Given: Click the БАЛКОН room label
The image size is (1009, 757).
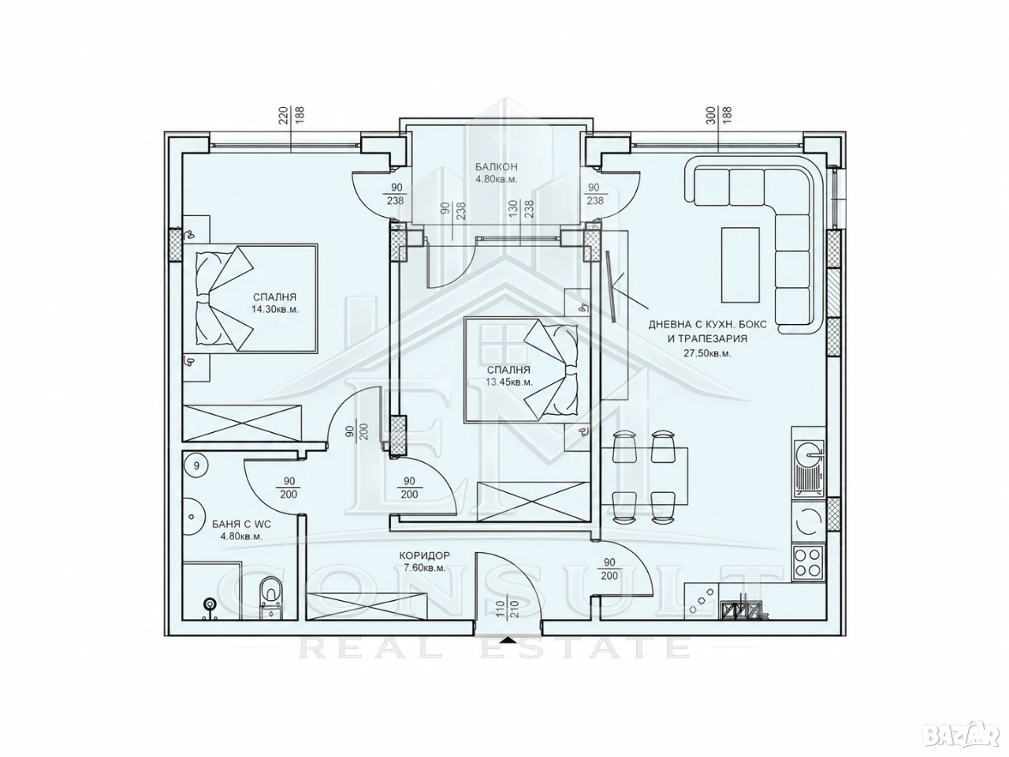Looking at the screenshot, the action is coord(496,167).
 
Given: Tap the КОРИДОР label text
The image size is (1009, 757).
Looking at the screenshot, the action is coord(424,556).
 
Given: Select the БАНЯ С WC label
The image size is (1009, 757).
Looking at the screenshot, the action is coord(241,524).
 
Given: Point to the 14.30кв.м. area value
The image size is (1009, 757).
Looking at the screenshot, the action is coord(275,309).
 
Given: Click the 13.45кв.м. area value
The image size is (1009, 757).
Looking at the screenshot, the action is coord(509,382).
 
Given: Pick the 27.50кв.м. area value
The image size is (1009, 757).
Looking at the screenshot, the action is coord(707,353).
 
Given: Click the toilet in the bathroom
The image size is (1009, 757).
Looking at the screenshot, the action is coord(270,597).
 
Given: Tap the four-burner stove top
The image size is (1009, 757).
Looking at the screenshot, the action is coord(809,563).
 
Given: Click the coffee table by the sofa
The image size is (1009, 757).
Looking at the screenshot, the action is coord(740,265).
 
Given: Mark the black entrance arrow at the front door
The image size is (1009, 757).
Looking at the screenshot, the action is coord(507,640).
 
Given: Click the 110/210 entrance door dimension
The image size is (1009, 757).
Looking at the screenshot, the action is coord(507,610).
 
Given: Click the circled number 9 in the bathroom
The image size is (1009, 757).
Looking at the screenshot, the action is coord(196,466).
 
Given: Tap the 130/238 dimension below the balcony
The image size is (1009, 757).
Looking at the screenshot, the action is coord(520,209).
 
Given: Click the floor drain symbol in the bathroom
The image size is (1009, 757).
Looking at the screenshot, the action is coord(210,603).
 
